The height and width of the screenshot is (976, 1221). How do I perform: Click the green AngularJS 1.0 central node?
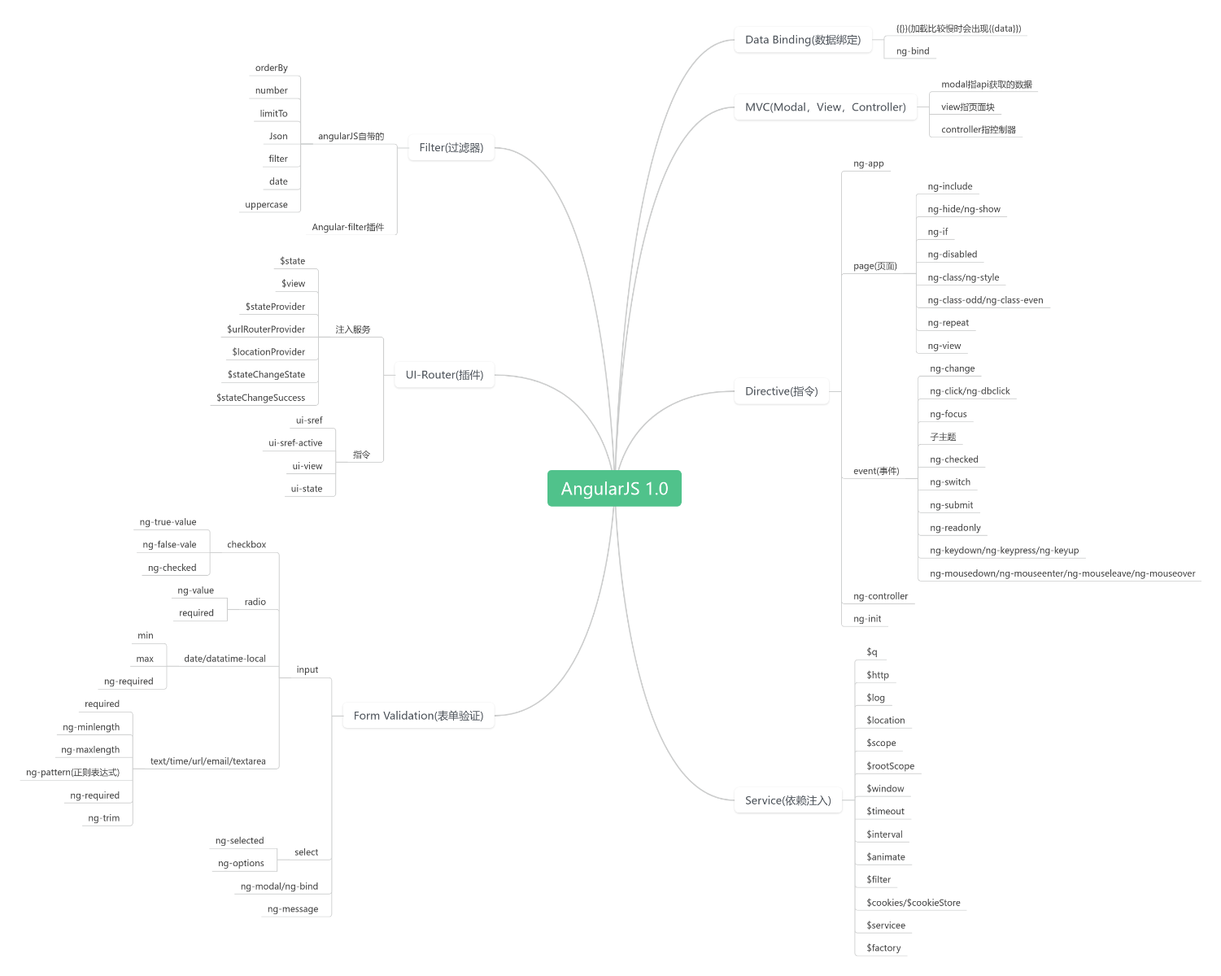click(x=614, y=488)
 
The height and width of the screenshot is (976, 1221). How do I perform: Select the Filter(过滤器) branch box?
click(x=451, y=147)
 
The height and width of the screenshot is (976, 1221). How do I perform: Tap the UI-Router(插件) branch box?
click(x=444, y=374)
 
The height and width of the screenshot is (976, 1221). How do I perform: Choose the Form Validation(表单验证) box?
click(x=418, y=715)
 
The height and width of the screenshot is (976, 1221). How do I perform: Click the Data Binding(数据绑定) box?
click(x=803, y=39)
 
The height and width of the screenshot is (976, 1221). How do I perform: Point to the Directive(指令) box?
click(x=781, y=391)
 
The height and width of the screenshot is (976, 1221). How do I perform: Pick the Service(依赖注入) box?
click(x=787, y=800)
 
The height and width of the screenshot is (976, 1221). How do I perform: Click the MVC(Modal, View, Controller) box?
click(x=826, y=107)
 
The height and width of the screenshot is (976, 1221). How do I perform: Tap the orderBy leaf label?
click(x=271, y=68)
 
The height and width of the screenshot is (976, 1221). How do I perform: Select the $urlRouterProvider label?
click(x=265, y=329)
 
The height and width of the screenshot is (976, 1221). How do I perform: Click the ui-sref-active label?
click(x=295, y=442)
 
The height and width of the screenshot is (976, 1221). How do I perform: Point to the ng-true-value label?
click(x=168, y=521)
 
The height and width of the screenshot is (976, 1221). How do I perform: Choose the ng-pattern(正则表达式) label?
click(x=72, y=772)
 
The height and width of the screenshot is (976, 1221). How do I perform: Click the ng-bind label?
click(x=913, y=50)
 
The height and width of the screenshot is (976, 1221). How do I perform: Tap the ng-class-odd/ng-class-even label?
click(x=985, y=299)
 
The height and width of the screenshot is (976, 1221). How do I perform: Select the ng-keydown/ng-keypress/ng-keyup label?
click(x=1005, y=550)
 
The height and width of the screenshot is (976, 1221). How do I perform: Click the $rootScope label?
click(x=890, y=765)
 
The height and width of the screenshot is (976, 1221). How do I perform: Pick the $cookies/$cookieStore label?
click(x=913, y=902)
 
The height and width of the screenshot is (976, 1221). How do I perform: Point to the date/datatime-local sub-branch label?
click(x=225, y=658)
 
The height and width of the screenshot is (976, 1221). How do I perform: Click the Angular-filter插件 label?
click(x=348, y=227)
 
